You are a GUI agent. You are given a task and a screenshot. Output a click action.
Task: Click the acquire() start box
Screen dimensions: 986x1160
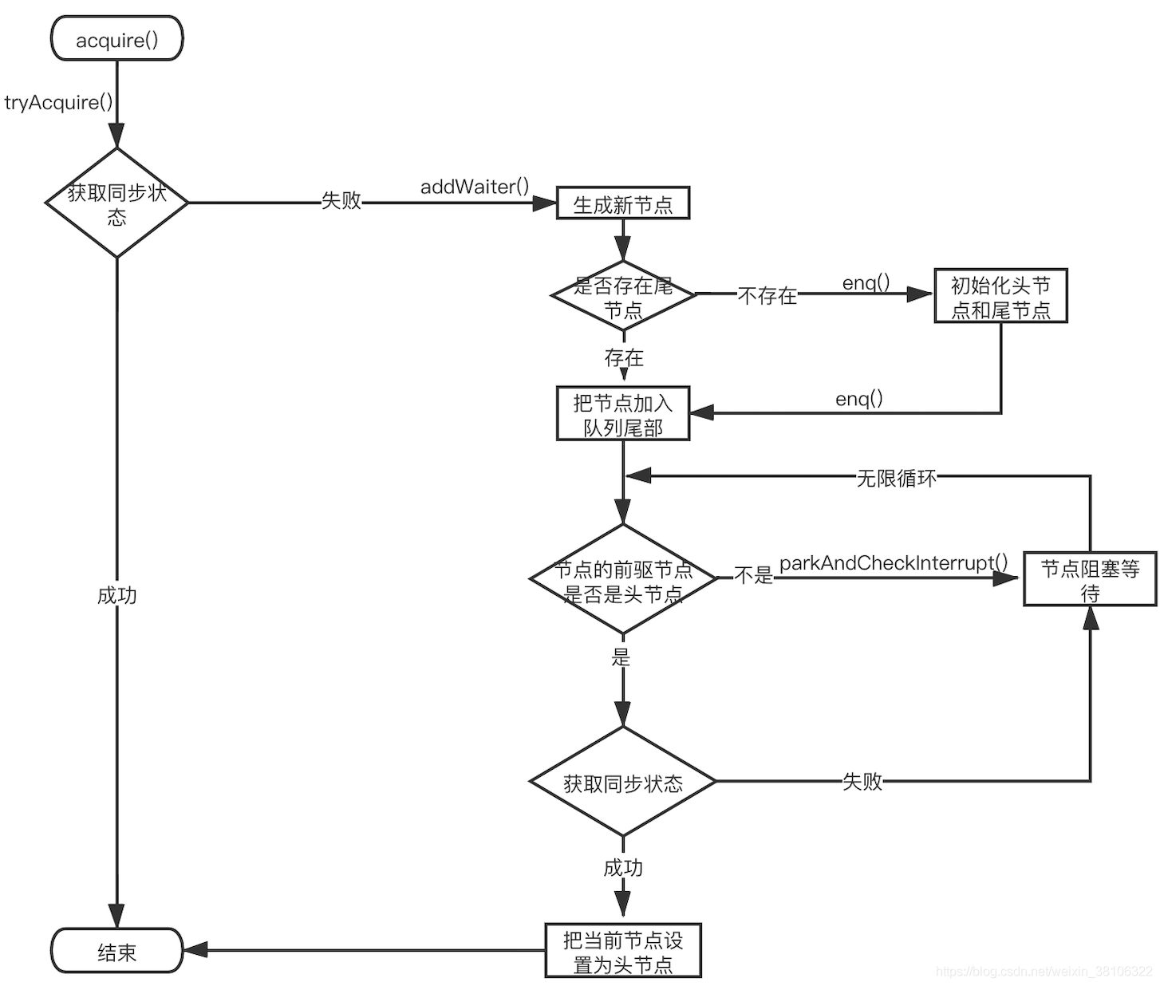coord(117,40)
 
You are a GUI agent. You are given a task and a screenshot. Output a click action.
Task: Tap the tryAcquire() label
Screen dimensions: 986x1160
coord(58,103)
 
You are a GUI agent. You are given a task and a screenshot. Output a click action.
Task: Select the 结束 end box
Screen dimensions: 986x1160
coord(117,951)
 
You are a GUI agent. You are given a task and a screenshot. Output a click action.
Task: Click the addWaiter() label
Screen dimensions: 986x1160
coord(475,187)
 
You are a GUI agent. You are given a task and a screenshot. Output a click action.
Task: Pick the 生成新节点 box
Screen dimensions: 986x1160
coord(622,204)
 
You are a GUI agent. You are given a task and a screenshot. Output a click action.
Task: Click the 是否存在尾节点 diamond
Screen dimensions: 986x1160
coord(622,296)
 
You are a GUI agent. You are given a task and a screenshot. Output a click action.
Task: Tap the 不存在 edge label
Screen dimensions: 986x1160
coord(767,296)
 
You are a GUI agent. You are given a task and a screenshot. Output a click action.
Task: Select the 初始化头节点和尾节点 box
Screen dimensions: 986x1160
coord(1000,297)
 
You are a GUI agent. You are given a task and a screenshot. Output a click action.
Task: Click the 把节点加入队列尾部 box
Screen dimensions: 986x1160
coord(622,414)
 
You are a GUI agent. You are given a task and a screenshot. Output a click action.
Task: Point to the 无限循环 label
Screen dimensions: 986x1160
coord(896,479)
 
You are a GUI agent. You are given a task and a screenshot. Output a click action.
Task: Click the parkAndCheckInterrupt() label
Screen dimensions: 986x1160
coord(894,563)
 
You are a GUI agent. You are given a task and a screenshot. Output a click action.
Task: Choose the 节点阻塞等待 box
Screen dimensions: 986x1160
coord(1090,580)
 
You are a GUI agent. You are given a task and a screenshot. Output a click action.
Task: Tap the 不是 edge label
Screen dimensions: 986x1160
coord(753,575)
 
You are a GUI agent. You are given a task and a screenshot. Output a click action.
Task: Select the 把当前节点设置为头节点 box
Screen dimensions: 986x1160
coord(622,952)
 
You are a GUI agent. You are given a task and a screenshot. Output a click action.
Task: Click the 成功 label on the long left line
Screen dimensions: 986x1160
coord(117,595)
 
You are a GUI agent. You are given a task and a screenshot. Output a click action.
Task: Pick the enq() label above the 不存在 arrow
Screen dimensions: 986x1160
coord(866,282)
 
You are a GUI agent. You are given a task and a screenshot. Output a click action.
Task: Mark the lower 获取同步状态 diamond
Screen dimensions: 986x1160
coord(622,783)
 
